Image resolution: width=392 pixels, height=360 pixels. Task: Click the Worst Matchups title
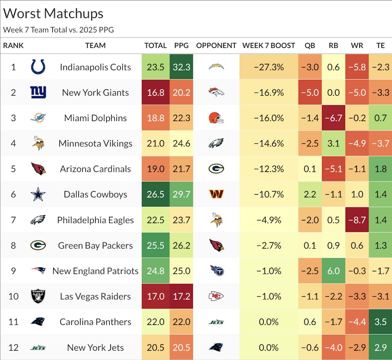[53, 13]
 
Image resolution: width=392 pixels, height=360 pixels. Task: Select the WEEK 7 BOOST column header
[268, 45]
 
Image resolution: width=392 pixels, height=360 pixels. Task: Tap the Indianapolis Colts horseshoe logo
[38, 67]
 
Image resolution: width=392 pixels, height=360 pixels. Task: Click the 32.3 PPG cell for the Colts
[181, 67]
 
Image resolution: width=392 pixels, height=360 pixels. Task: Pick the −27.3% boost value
[268, 67]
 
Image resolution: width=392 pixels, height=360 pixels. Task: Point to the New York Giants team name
[95, 93]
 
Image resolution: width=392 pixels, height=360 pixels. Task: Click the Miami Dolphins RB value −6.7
[334, 118]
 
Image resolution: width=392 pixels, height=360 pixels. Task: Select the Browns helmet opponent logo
[216, 118]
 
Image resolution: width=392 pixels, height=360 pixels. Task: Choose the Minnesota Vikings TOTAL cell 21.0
[155, 143]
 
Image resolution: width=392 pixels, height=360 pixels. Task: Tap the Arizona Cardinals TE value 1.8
[380, 169]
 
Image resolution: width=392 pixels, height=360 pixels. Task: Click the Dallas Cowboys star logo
[38, 194]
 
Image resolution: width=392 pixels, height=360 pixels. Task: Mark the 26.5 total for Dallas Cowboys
[155, 194]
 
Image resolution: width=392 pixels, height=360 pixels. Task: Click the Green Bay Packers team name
[95, 245]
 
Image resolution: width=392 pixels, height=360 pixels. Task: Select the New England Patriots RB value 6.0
[334, 271]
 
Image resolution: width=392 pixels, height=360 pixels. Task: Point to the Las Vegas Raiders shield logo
[38, 296]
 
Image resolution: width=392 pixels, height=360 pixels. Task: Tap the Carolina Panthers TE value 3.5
[380, 322]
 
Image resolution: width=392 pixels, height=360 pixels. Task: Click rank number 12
[13, 347]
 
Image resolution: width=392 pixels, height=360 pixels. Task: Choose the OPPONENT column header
[216, 45]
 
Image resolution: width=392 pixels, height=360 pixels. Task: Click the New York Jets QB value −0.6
[310, 347]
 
